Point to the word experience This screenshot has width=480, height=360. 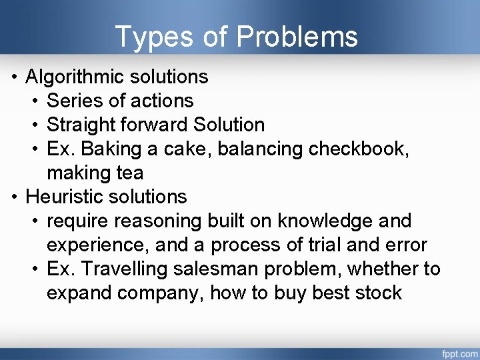pos(96,245)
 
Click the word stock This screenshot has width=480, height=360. pos(379,293)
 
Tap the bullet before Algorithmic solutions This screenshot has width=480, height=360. pos(14,77)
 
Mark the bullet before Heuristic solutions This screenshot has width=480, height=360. pos(14,197)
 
